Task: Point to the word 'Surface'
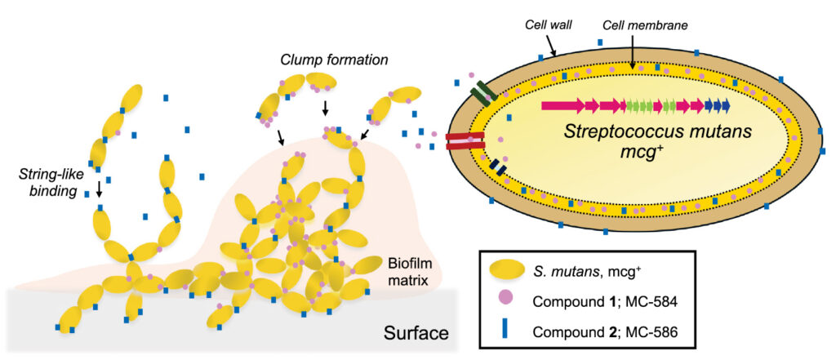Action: tap(416, 334)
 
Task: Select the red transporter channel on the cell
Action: tap(465, 141)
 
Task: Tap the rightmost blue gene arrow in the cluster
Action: tap(723, 105)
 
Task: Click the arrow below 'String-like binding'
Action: tap(99, 190)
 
